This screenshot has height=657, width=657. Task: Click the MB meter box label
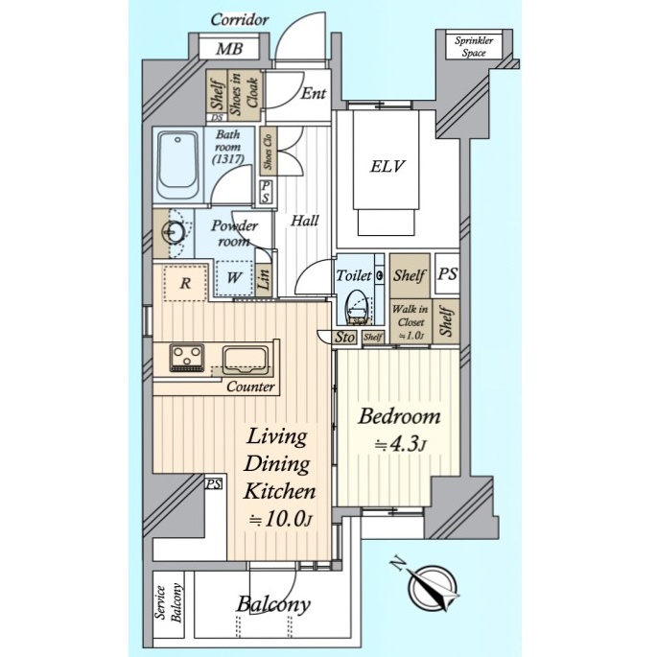[x=229, y=49]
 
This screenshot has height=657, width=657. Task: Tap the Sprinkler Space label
[x=474, y=46]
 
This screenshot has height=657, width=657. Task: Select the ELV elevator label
[x=387, y=166]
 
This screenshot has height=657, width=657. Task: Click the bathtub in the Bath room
[x=178, y=166]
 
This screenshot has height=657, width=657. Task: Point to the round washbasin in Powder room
[x=174, y=232]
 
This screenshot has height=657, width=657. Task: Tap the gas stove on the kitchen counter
[x=187, y=358]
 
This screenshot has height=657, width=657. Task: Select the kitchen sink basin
[x=246, y=360]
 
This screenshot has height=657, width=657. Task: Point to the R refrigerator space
[x=185, y=283]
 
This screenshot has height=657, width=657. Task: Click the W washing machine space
[x=234, y=277]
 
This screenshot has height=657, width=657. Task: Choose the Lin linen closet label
[x=264, y=278]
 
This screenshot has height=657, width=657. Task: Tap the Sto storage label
[x=345, y=337]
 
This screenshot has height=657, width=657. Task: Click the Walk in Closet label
[x=411, y=322]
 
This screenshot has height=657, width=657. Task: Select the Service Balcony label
[x=169, y=603]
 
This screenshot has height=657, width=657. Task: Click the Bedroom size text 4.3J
[x=399, y=445]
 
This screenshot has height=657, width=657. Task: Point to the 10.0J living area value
[x=280, y=520]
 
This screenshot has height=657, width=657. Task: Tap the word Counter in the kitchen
[x=250, y=387]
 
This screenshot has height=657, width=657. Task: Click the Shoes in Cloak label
[x=244, y=94]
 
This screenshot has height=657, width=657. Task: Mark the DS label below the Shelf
[x=217, y=118]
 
